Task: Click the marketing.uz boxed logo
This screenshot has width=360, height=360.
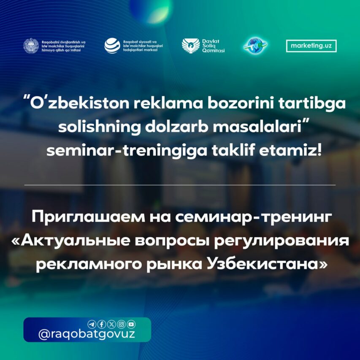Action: (x=311, y=46)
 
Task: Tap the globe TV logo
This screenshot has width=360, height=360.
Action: (x=255, y=46)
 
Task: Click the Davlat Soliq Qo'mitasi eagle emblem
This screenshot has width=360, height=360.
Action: (x=191, y=46)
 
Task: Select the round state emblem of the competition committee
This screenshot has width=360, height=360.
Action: (x=31, y=46)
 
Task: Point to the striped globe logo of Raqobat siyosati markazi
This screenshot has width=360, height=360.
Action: (x=112, y=46)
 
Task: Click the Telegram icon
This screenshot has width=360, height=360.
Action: (x=92, y=325)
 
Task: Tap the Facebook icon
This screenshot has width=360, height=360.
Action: (x=102, y=325)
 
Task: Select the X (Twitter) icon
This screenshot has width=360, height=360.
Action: (x=111, y=325)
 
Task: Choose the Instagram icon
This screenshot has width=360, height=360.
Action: (x=122, y=325)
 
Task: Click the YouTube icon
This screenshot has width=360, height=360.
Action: (x=131, y=325)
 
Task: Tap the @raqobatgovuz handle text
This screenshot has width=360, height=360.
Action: (x=87, y=334)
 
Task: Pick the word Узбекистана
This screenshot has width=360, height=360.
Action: (x=266, y=265)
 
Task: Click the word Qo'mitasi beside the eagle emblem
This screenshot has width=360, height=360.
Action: (x=213, y=51)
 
